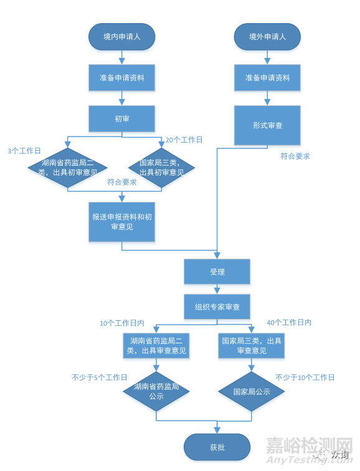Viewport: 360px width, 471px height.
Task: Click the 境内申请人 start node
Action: tap(121, 37)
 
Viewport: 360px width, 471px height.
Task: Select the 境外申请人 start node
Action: tap(267, 37)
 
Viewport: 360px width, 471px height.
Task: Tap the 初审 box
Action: tap(121, 118)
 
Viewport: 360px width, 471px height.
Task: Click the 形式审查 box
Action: tap(267, 125)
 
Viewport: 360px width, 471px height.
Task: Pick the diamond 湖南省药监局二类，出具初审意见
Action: tap(67, 168)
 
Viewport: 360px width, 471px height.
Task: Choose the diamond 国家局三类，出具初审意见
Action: tap(161, 168)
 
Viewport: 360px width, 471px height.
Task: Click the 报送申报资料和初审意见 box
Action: tap(121, 222)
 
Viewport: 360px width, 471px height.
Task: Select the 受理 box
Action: tap(217, 272)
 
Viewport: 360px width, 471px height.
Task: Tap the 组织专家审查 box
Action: tap(217, 307)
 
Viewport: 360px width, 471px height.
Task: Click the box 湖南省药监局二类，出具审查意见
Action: tap(156, 345)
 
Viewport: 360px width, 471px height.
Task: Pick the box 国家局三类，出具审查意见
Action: tap(251, 345)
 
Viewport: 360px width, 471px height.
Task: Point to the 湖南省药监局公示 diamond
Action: tap(156, 391)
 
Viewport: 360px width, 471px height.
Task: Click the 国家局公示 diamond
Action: tap(251, 391)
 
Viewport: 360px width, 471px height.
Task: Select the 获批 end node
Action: tap(217, 447)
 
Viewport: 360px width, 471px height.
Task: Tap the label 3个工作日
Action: tap(24, 151)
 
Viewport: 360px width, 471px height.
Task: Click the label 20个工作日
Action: tap(184, 140)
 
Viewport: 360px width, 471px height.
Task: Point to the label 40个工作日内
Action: tap(289, 323)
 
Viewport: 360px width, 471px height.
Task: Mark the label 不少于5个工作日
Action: tap(100, 378)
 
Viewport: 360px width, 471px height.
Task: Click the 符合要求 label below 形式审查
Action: tap(295, 156)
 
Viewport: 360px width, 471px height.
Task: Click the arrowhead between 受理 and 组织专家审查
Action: tap(217, 291)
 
